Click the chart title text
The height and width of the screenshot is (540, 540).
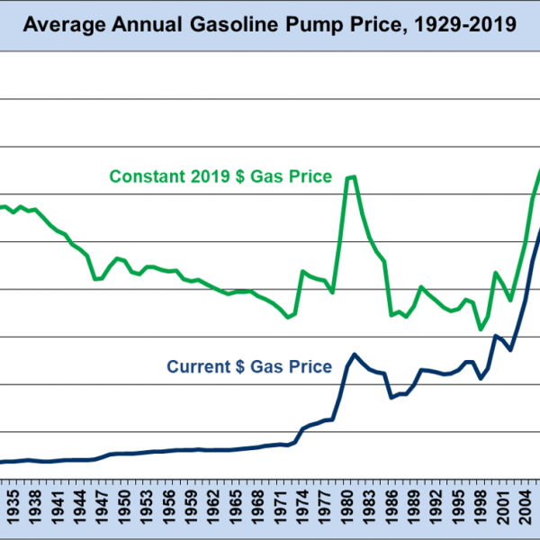270,24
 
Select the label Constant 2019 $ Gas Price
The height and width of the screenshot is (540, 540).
220,176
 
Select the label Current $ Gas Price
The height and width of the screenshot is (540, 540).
249,366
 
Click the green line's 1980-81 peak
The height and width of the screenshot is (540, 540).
352,176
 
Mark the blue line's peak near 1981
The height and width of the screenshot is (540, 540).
354,355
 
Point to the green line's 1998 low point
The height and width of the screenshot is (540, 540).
481,329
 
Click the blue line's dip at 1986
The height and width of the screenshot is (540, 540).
391,397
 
